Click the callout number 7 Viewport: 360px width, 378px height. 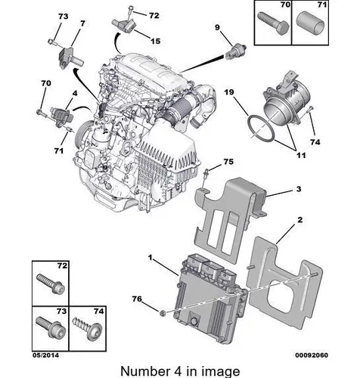pos(82,23)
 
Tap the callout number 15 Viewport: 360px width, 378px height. pos(156,41)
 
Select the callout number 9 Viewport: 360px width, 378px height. pos(217,27)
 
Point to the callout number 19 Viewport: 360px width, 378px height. pos(229,92)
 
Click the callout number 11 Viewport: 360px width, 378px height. pos(301,155)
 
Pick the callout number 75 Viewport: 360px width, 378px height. pos(228,162)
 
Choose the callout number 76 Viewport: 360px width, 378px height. pos(137,299)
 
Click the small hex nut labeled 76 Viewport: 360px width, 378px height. pos(163,313)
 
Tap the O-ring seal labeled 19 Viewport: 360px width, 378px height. pos(261,129)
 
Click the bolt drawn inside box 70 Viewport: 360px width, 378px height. pos(273,23)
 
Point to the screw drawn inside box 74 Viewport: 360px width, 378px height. pos(87,328)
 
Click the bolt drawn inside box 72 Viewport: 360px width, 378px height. pos(51,283)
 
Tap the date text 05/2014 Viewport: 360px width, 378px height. pos(45,355)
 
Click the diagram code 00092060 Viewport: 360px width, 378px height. pos(312,355)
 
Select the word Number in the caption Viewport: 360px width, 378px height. pos(145,371)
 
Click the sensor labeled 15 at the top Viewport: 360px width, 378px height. pos(124,25)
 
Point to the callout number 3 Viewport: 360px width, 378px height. pos(299,189)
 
